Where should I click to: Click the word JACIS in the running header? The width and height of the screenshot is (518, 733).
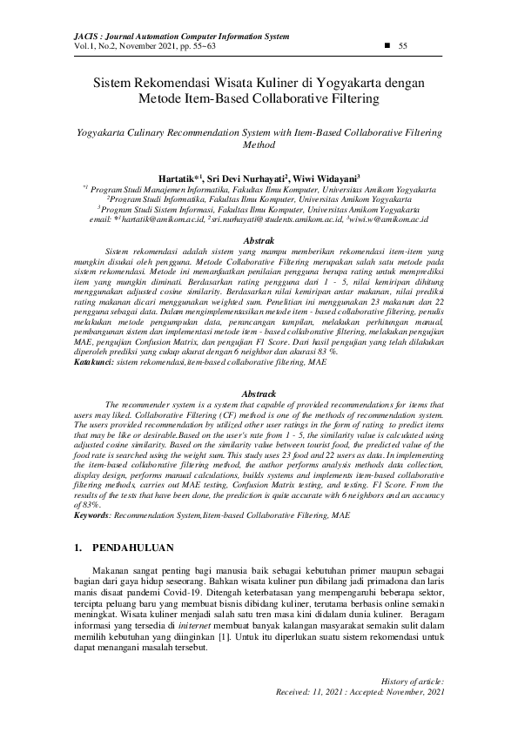click(66, 36)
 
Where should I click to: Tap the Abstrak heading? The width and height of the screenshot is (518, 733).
click(259, 239)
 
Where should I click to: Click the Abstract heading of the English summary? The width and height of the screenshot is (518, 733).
click(259, 394)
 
